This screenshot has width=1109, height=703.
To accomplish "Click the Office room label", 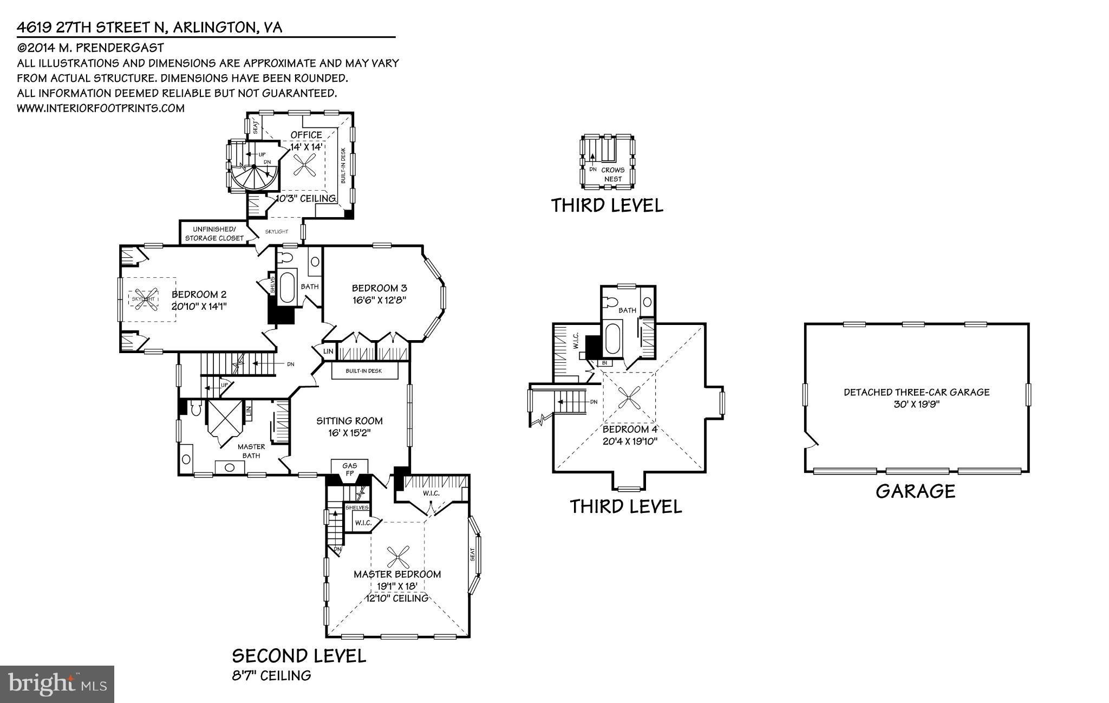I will point(306,135).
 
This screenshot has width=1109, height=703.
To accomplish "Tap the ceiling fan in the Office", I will point(305,164).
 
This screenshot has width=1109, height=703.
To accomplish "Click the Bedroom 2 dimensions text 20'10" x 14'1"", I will point(199,306).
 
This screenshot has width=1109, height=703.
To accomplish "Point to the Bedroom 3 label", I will point(379,288).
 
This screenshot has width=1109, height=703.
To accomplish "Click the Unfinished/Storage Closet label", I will point(214,234).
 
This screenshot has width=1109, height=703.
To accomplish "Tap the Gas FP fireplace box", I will point(349,469).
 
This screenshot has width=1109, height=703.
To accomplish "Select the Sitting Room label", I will point(349,421).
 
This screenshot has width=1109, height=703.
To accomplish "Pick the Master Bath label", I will point(251,451).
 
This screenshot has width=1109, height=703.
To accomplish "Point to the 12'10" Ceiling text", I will point(397,598).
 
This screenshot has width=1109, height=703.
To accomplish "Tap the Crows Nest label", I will point(613,174).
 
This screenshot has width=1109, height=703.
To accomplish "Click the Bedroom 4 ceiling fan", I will point(629,399).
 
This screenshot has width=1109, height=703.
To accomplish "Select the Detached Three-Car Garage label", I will point(916,392).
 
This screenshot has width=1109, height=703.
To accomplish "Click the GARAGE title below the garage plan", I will point(915,491).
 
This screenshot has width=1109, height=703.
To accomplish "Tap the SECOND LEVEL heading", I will point(299,656).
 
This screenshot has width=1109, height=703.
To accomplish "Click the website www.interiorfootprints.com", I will point(101,108).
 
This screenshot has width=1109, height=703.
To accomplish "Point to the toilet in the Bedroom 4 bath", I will point(612,302).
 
